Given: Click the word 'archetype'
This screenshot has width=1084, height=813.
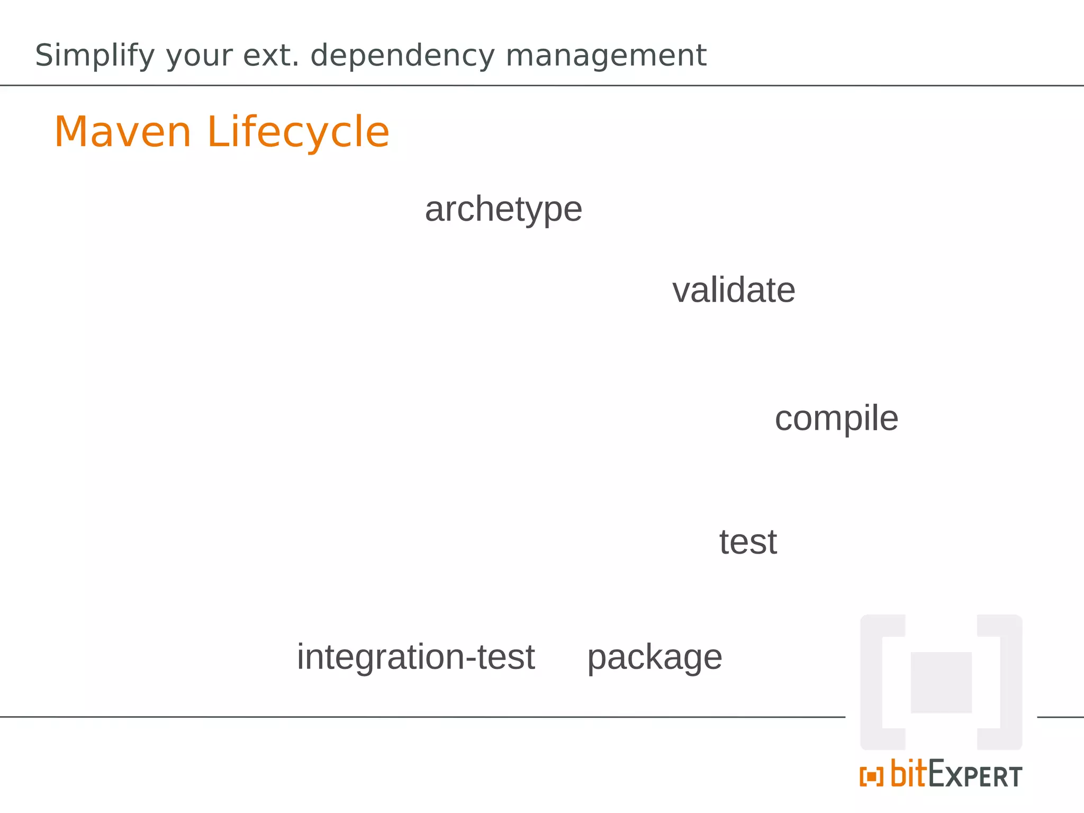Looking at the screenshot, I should coord(503,210).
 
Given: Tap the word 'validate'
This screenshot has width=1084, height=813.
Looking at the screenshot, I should coord(734,290).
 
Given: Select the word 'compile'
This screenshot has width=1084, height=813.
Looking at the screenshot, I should coord(836,419).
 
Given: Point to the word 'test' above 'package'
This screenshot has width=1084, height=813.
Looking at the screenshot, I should coord(748,542).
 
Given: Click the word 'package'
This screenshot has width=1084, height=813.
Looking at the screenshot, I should coord(655,658).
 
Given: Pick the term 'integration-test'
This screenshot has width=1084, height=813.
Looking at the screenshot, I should coord(416,657).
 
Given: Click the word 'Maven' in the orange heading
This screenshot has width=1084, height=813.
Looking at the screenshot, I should coord(123,132).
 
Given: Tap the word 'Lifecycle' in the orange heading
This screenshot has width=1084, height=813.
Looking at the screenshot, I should coord(299,132).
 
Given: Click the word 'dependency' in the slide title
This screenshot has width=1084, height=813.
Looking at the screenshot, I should coord(402,56).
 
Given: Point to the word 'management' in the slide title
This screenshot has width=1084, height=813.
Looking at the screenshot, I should coord(606,56).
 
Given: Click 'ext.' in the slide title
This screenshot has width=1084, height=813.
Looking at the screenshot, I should coord(271,55).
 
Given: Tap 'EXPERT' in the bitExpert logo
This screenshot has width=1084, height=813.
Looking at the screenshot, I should coord(975,775).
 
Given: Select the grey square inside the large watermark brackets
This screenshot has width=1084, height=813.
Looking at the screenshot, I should coord(941,682).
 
